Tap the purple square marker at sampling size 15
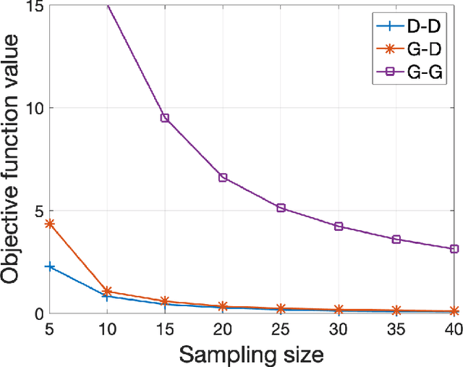[x=165, y=118]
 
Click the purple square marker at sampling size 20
[x=223, y=177]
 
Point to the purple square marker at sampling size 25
[x=281, y=208]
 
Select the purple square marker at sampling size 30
[x=339, y=227]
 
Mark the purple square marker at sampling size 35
[x=396, y=239]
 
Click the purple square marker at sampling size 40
[x=454, y=249]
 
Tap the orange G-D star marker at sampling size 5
[x=49, y=224]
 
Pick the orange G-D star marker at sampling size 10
[x=107, y=291]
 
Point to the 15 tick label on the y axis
[x=33, y=7]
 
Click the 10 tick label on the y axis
[x=33, y=108]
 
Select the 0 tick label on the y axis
[x=38, y=313]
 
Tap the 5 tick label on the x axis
[x=49, y=328]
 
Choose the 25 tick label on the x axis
[x=281, y=328]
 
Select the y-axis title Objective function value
[x=12, y=161]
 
